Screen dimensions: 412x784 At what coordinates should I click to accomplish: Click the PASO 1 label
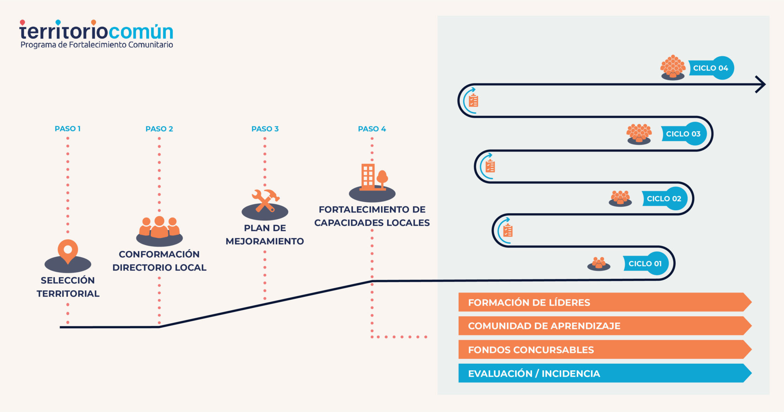click(x=67, y=129)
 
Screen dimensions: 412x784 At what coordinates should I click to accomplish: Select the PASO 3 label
click(x=265, y=129)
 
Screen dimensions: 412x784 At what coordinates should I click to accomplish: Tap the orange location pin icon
click(x=68, y=250)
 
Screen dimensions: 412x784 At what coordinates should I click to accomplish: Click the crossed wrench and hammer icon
click(x=265, y=200)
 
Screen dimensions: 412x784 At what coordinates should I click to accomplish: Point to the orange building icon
click(x=369, y=177)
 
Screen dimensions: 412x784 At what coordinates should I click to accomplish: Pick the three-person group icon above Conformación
click(x=159, y=227)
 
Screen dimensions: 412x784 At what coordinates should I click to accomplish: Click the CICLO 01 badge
click(x=646, y=263)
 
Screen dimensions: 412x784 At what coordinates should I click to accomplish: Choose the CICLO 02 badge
click(x=665, y=198)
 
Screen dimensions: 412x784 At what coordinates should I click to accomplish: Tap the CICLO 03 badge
click(x=684, y=134)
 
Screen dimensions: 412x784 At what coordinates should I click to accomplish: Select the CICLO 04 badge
click(x=711, y=68)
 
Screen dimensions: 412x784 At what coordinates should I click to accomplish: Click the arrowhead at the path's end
click(x=760, y=84)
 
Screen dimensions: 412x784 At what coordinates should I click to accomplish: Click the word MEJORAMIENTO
click(x=265, y=241)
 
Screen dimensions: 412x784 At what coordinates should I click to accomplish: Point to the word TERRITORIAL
click(x=68, y=294)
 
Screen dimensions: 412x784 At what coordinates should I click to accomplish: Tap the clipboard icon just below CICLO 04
click(x=474, y=101)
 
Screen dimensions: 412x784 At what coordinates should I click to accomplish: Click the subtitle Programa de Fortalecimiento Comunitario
click(x=96, y=45)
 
